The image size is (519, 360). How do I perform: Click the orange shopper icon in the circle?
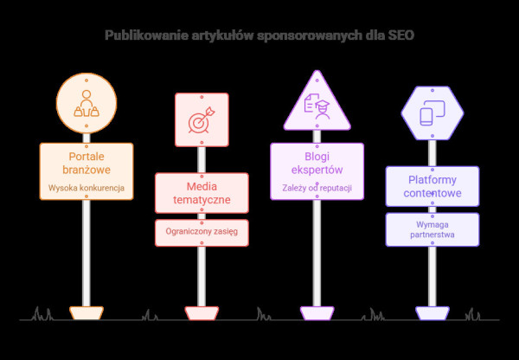click(x=86, y=104)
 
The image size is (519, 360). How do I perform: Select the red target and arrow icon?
click(x=202, y=120)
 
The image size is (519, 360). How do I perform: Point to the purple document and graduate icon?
click(x=317, y=106)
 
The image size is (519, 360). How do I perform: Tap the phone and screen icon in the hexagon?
click(x=432, y=113)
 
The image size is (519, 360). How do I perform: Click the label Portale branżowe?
click(x=86, y=163)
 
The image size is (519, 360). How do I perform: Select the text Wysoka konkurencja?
click(x=86, y=188)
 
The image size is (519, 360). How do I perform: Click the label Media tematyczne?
click(x=202, y=193)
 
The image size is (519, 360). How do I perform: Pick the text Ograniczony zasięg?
click(x=202, y=231)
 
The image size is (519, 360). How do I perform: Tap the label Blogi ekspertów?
click(x=317, y=163)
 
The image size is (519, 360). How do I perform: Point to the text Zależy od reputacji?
click(x=317, y=188)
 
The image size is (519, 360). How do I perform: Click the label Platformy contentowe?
click(x=432, y=186)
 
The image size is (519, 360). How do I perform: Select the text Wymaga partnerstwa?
click(x=432, y=229)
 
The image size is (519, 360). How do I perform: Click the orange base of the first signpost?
click(x=86, y=313)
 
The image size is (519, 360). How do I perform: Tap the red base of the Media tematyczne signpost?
click(x=202, y=313)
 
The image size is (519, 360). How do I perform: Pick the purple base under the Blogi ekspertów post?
click(x=317, y=313)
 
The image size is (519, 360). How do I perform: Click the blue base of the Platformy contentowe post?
click(x=432, y=313)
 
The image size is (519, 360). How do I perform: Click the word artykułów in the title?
click(x=222, y=35)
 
